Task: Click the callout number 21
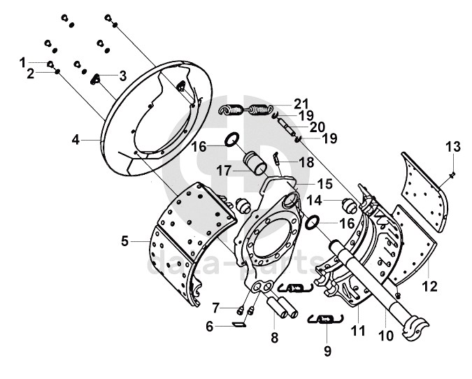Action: point(301,104)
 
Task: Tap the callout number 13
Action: point(453,147)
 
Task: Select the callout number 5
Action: point(125,241)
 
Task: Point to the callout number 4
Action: point(76,140)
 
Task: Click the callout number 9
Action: point(327,351)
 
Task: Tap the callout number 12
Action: point(430,286)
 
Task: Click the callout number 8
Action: point(275,338)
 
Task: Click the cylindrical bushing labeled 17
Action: point(255,164)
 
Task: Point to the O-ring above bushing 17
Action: point(232,139)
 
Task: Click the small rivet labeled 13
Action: point(452,174)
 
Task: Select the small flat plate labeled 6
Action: point(238,324)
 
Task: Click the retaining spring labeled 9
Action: point(325,319)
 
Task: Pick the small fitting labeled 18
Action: point(276,158)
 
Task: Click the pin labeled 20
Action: point(288,127)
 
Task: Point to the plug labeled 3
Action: point(95,79)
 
